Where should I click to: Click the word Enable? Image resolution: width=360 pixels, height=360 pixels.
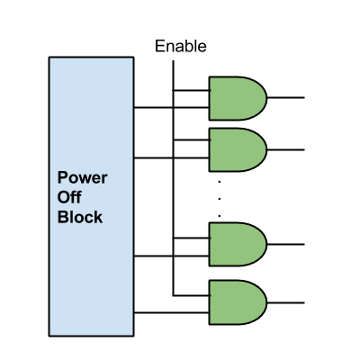[181, 47]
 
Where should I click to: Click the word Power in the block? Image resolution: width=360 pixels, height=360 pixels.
[82, 177]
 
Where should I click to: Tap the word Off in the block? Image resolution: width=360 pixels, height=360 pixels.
[69, 197]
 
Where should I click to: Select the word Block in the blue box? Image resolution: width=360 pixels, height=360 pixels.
[80, 217]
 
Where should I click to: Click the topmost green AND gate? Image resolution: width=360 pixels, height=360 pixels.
[238, 98]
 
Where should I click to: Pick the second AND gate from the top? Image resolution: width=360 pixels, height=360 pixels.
[238, 150]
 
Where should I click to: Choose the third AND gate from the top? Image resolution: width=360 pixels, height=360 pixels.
[238, 244]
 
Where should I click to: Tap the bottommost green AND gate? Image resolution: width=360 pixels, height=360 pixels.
[238, 302]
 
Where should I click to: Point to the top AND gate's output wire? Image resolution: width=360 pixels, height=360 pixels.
[285, 97]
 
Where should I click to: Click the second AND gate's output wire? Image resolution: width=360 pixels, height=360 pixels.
[285, 149]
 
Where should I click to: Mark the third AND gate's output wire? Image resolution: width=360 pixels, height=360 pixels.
[285, 244]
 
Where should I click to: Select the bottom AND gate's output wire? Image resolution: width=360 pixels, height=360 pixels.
[285, 302]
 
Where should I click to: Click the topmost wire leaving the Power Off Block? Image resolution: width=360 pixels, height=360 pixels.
[172, 107]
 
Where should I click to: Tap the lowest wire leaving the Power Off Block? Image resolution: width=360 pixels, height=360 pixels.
[172, 313]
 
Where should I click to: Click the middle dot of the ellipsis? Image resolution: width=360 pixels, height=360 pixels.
[220, 199]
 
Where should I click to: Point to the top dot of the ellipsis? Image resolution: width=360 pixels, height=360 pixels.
[220, 182]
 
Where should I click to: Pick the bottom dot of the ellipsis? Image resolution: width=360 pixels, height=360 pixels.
[220, 216]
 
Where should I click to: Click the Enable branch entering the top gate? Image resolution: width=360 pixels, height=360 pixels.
[192, 90]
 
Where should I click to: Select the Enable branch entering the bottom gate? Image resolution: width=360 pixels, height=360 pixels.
[192, 295]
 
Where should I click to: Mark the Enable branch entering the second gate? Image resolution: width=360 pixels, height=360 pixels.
[192, 139]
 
